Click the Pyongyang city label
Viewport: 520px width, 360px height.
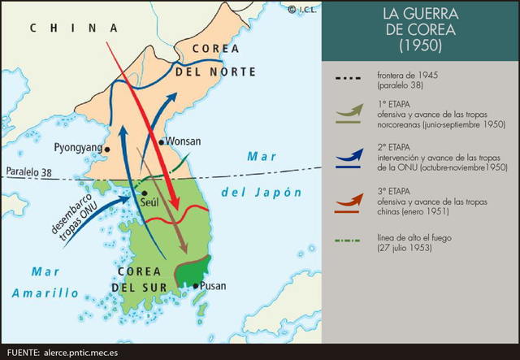click(x=77, y=148)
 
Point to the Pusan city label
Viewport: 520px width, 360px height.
click(x=212, y=286)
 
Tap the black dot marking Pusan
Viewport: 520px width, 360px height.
click(x=195, y=285)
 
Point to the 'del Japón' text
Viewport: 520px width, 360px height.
click(x=260, y=193)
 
